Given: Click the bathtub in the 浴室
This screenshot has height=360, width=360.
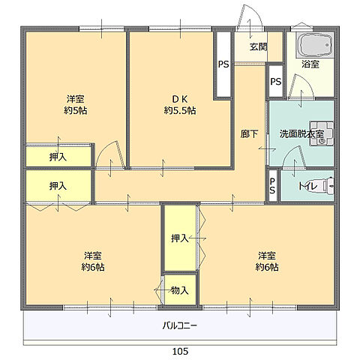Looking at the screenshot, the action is (x=315, y=46).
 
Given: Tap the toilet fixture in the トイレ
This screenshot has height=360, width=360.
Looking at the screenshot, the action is (x=328, y=185).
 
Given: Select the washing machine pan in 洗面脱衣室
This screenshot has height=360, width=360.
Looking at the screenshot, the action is (x=322, y=133).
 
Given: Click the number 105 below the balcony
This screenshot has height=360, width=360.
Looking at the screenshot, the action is (x=180, y=351).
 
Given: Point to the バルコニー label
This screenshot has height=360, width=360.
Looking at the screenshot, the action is (x=180, y=325).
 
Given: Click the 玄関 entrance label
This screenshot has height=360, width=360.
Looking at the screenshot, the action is (x=259, y=46).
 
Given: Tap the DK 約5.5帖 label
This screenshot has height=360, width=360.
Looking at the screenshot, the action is (x=180, y=105).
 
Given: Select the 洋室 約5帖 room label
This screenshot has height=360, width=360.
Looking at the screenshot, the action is (x=76, y=105).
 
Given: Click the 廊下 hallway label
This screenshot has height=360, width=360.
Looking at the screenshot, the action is (x=249, y=134).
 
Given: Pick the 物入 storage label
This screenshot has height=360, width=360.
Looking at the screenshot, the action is (x=180, y=290).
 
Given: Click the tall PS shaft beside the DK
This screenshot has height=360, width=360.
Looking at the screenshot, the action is (x=223, y=64).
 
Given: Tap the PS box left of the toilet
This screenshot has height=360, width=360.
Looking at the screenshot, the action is (x=272, y=186).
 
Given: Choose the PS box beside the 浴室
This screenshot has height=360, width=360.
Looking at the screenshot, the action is (x=276, y=82).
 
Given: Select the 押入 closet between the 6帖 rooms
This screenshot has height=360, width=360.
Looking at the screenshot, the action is (x=180, y=238).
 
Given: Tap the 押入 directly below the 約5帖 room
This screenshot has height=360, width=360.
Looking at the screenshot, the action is (x=58, y=157).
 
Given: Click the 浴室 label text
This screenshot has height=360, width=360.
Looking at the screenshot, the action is (x=310, y=64).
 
